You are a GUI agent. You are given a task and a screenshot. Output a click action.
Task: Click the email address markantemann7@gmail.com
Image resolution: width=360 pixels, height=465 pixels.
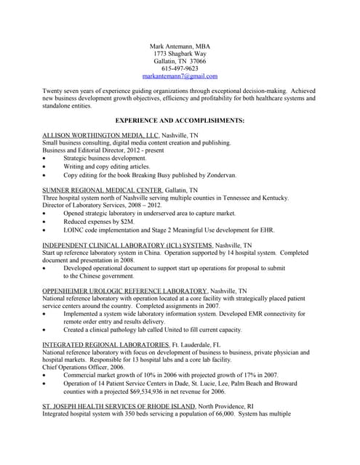pyautogui.click(x=180, y=76)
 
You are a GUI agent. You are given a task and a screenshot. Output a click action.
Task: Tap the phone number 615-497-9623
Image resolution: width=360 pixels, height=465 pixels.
pyautogui.click(x=180, y=68)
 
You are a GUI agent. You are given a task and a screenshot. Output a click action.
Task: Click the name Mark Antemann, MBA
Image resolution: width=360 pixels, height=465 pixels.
pyautogui.click(x=180, y=46)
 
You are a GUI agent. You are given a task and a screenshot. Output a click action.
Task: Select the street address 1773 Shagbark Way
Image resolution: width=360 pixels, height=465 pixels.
pyautogui.click(x=180, y=54)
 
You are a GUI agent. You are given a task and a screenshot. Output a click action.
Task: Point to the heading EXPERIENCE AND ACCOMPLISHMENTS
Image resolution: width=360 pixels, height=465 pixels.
pyautogui.click(x=180, y=120)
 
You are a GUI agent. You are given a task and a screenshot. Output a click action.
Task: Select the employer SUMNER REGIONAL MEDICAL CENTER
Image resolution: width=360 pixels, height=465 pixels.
pyautogui.click(x=102, y=190)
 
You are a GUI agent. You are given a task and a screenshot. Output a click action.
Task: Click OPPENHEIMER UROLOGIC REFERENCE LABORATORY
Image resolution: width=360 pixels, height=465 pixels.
pyautogui.click(x=124, y=290)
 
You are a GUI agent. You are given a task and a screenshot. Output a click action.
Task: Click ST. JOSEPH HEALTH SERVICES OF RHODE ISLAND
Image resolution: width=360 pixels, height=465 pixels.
pyautogui.click(x=119, y=405)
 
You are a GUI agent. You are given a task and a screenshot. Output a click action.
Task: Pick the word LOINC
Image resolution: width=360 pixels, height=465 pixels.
pyautogui.click(x=74, y=230)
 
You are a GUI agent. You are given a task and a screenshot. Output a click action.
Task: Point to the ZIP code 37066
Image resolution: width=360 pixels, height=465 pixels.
pyautogui.click(x=193, y=61)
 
